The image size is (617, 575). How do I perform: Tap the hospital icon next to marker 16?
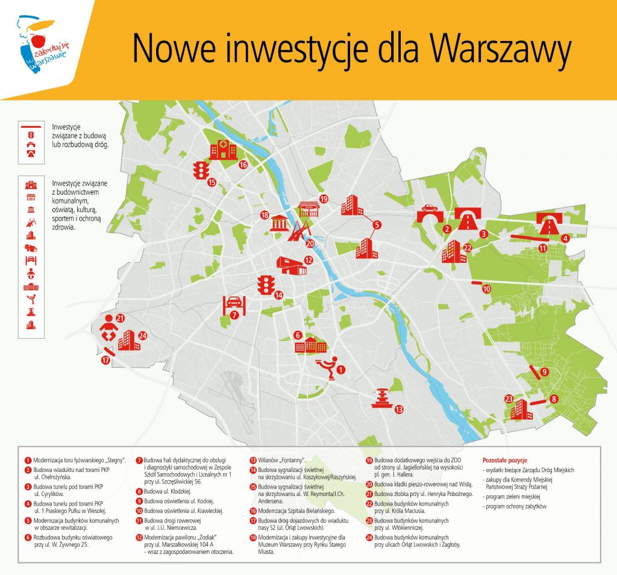223,151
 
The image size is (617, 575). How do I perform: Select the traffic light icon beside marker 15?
200,170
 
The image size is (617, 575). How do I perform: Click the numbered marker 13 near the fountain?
399,410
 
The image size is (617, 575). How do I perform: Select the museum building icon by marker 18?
281,222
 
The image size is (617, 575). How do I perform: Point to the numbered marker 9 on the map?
543,372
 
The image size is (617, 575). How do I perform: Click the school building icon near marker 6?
311,345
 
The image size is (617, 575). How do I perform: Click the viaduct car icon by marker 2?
429,213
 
